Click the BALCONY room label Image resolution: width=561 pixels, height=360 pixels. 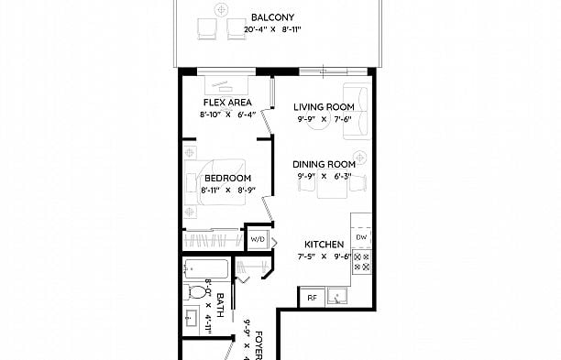(x=272, y=17)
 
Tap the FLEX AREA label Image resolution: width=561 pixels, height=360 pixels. (x=227, y=103)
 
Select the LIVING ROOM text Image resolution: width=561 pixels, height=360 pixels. (x=324, y=107)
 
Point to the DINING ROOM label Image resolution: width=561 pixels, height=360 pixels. (x=324, y=165)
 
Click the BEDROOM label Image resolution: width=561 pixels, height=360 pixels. (x=228, y=178)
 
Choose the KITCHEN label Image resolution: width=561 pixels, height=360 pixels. (x=324, y=245)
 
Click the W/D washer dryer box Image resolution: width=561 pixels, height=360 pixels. (x=258, y=239)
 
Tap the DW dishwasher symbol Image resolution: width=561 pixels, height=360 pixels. (x=361, y=237)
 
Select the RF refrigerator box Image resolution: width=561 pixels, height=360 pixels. (x=313, y=298)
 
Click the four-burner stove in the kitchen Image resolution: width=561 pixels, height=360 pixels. (x=362, y=262)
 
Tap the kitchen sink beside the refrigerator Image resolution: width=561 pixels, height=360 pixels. (x=336, y=297)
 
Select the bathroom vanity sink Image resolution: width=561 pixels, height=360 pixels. (x=191, y=317)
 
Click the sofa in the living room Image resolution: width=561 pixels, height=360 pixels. (x=357, y=111)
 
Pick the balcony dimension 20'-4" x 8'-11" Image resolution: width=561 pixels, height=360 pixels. (x=272, y=29)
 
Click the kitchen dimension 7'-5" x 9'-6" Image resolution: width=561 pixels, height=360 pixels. (x=324, y=256)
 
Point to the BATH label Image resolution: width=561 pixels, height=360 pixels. (x=220, y=305)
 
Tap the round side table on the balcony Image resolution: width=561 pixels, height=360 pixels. (x=222, y=10)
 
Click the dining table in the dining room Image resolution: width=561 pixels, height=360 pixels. (x=332, y=184)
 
